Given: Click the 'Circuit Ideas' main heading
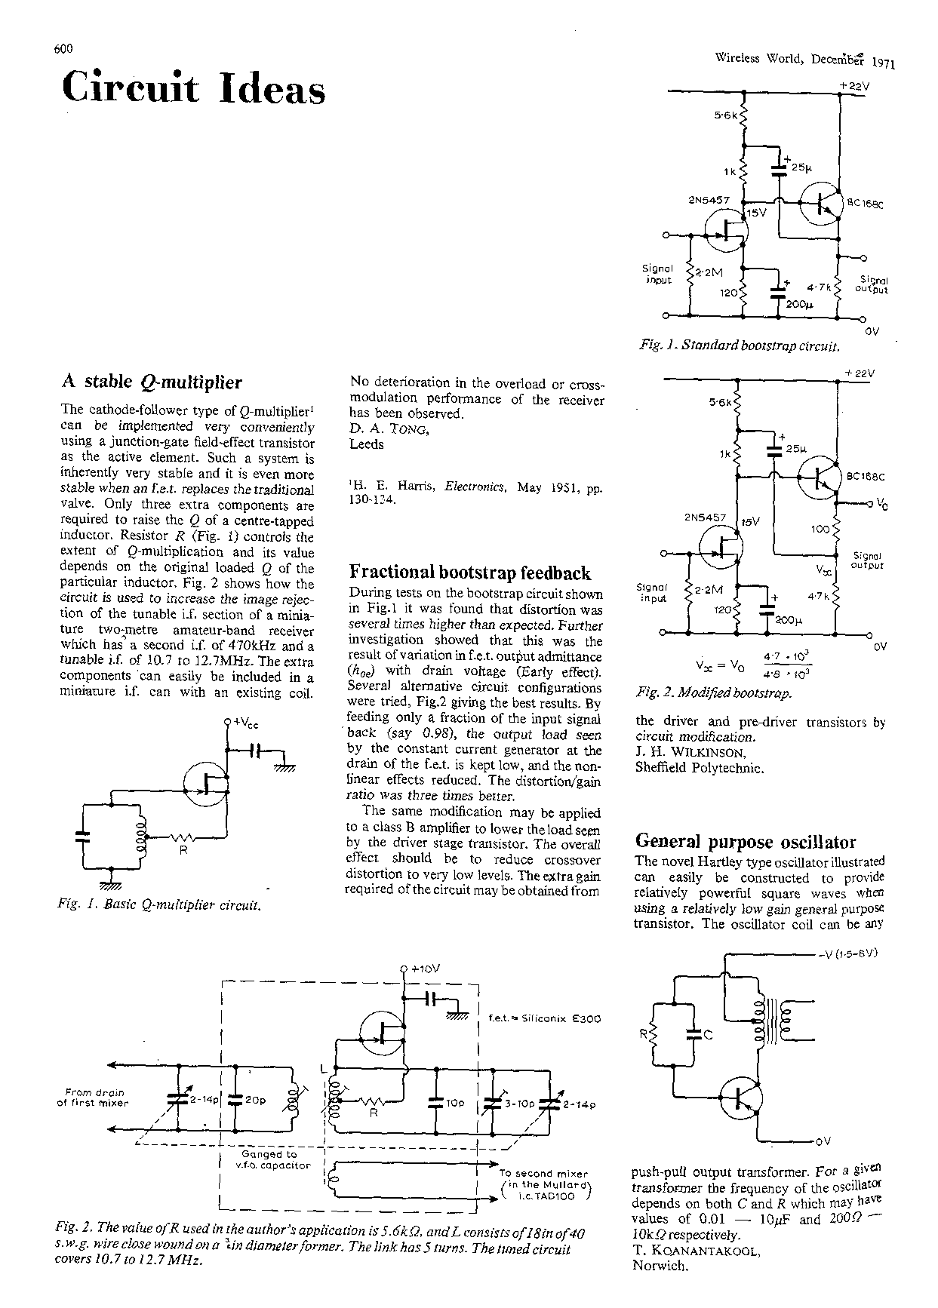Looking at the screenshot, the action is [194, 88].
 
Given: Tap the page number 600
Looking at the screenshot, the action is [63, 50].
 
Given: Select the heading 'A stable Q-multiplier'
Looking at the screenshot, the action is [151, 382].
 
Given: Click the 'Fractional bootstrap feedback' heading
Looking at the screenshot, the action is [470, 573].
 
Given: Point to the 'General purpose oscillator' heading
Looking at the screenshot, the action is [746, 841].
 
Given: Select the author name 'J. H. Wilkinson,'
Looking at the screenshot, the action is [691, 753].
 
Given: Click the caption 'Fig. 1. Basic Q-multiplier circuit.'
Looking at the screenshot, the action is [160, 904].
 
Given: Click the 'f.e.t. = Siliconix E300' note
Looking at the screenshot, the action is [544, 1018].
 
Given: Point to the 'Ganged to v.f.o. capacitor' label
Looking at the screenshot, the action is [269, 1159].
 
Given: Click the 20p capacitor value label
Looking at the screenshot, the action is [255, 1100].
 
